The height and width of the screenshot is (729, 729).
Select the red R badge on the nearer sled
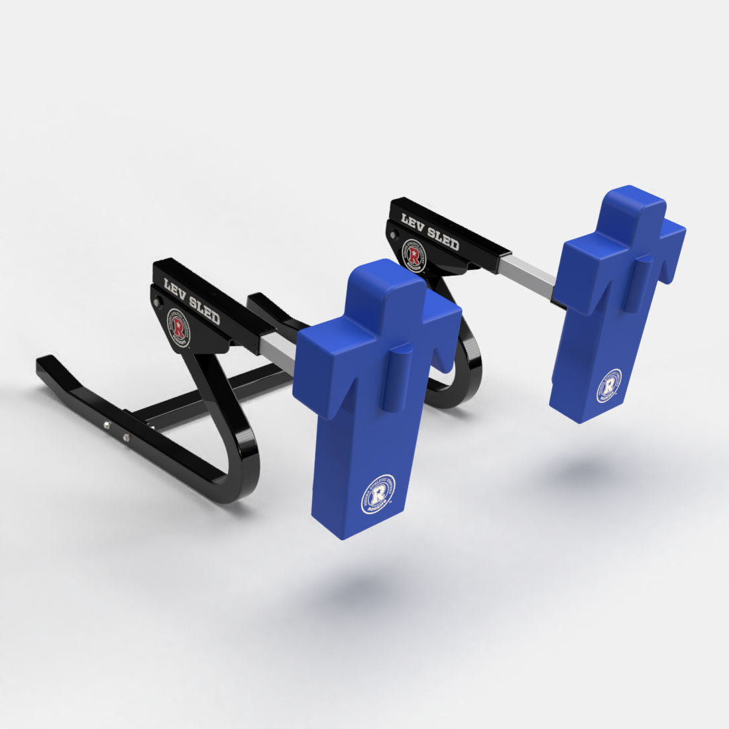click(x=178, y=325)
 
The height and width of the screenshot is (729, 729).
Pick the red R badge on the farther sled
click(x=414, y=254)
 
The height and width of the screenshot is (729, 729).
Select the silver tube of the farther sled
click(x=528, y=277)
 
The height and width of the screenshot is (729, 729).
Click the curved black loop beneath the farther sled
click(x=457, y=384)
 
